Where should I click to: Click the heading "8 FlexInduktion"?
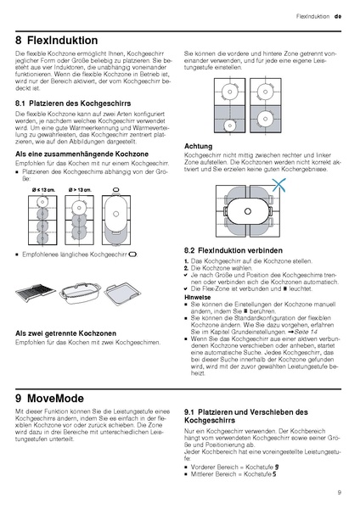coord(59,39)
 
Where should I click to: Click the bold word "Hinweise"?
coord(199,297)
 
